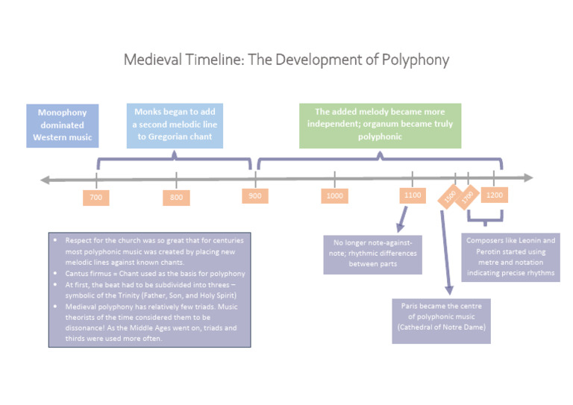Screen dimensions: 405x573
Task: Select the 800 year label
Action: tap(176, 198)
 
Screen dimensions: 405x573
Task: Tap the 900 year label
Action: tap(255, 195)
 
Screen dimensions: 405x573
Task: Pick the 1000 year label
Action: tap(335, 195)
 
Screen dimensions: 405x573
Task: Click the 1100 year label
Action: tap(413, 195)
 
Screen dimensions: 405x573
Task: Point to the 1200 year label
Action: tap(494, 195)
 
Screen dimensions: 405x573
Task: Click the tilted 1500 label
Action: tap(449, 196)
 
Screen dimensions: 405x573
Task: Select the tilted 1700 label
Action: tap(468, 198)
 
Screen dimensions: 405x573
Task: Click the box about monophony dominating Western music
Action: tap(63, 125)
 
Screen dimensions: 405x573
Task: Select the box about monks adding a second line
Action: tap(175, 125)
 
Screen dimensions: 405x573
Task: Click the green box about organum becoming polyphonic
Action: tap(380, 125)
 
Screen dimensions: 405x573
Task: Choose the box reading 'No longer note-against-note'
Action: tap(372, 254)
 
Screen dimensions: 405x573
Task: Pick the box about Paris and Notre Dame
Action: tap(442, 320)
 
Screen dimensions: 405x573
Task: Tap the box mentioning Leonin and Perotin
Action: tap(511, 257)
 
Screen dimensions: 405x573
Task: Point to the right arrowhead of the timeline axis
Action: tap(529, 178)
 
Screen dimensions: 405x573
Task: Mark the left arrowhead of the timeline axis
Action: tap(46, 179)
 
